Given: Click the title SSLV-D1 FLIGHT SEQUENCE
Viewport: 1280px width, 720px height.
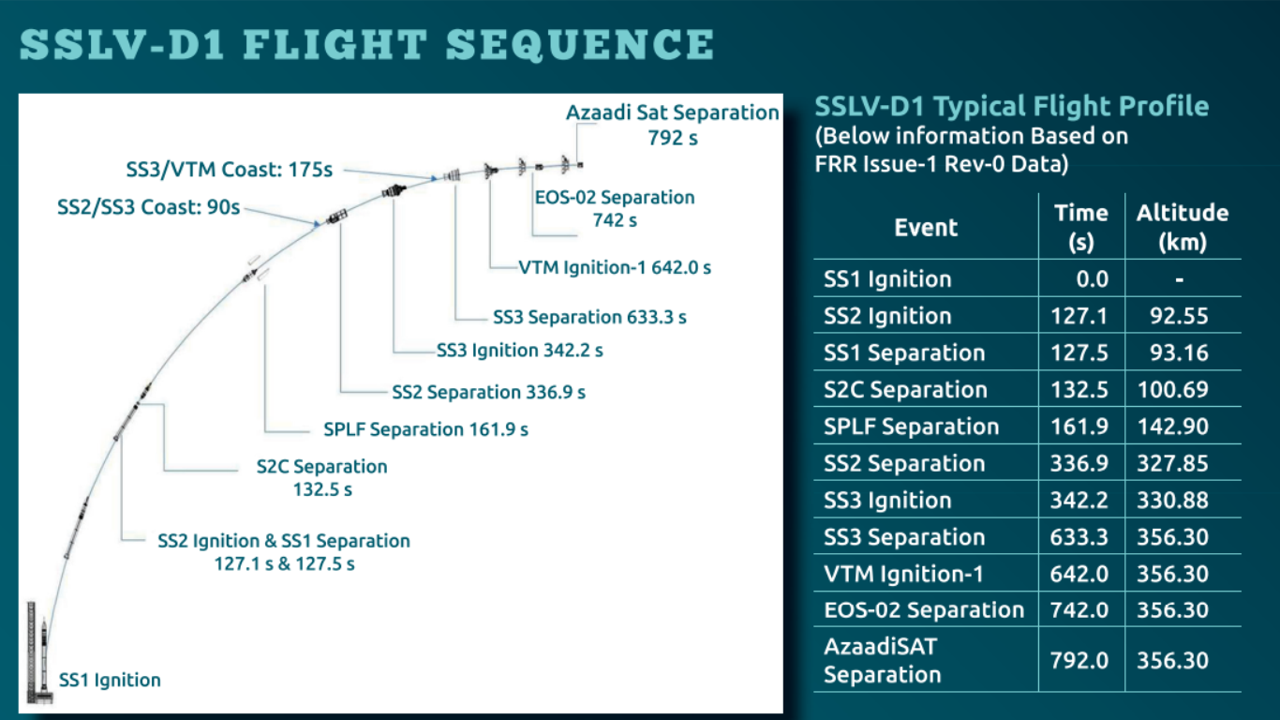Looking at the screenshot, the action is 367,45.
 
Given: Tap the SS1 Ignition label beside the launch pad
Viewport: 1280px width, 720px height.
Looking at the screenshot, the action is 110,680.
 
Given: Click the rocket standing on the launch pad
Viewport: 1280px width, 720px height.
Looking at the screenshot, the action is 44,658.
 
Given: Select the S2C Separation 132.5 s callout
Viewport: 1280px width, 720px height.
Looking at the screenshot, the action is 321,477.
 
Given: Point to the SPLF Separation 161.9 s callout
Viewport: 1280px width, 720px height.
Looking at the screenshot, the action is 425,429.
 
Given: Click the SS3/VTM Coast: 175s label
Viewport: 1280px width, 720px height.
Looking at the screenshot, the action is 230,170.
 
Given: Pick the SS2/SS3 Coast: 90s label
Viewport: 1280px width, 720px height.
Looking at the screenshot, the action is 149,207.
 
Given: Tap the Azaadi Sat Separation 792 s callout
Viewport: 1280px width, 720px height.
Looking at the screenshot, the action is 673,125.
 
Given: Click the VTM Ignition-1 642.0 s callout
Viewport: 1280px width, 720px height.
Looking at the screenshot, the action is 615,267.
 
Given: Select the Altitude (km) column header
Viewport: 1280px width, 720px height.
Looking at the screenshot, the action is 1183,227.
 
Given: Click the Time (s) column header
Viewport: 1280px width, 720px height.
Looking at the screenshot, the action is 1081,227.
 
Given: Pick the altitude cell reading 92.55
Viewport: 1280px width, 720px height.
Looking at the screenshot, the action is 1179,316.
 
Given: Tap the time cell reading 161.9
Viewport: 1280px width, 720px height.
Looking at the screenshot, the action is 1079,426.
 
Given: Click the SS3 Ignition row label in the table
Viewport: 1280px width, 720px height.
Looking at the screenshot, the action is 887,501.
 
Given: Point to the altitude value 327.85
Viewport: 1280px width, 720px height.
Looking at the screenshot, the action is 1172,463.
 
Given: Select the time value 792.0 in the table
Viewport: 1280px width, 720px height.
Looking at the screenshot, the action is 1079,661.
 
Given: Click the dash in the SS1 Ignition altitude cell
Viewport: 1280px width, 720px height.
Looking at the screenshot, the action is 1179,280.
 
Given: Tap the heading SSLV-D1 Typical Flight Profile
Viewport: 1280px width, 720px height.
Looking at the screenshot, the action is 1011,106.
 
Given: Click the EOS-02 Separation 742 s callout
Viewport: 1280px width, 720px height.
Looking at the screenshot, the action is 615,208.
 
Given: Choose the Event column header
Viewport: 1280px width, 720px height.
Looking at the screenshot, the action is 926,228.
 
